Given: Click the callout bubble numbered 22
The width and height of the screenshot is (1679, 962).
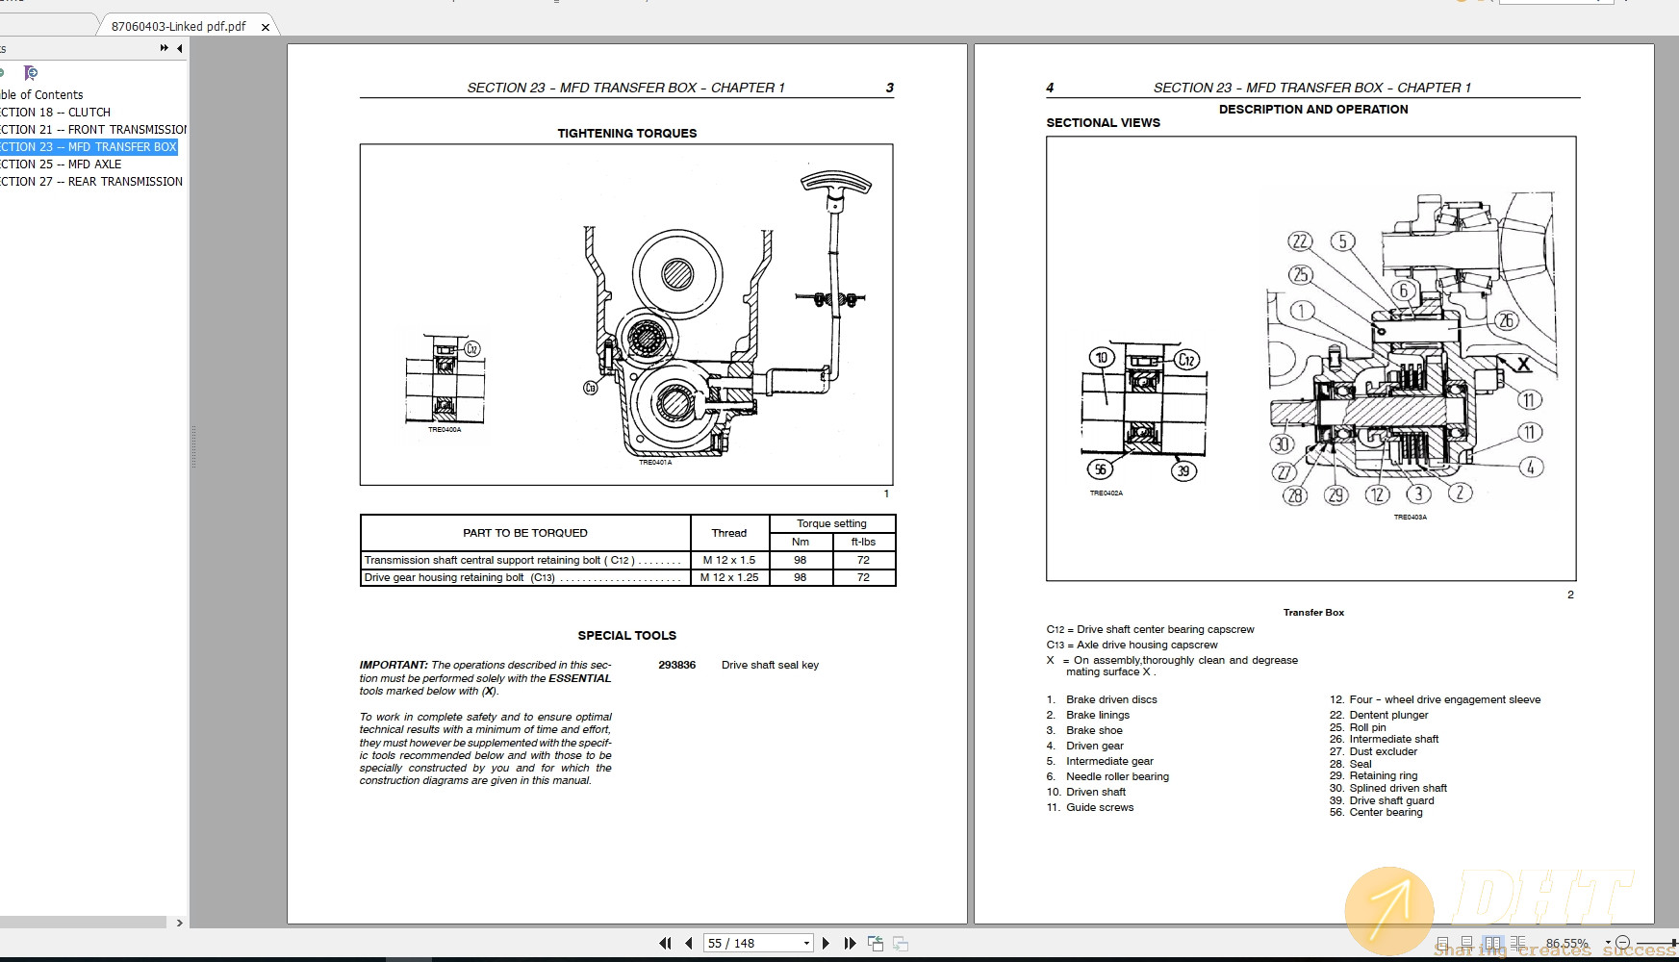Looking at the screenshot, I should pos(1300,241).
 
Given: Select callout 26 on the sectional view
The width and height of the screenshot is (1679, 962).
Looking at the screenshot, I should pos(1507,320).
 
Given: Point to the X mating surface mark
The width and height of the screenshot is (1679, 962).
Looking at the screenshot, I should pos(1523,364).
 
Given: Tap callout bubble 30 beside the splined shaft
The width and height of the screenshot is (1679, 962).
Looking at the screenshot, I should pos(1281,443).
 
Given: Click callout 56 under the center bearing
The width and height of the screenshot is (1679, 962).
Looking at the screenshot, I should pos(1100,468).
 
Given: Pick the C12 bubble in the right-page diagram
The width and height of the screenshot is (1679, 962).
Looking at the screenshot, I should pos(1186,360).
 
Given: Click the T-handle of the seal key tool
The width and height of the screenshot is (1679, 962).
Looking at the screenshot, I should pos(835,184).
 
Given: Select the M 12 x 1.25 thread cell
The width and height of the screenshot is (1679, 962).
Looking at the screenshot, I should pos(729,577).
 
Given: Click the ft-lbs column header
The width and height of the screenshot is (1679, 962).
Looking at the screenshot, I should pos(863,542).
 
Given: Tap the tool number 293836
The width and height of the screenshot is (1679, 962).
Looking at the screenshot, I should pos(676,665).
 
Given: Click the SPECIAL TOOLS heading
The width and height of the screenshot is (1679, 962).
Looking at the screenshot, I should pos(626,635).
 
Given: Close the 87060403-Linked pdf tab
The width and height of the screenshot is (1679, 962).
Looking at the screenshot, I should pos(266,27).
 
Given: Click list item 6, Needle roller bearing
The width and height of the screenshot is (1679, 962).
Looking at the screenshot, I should pos(1116,776).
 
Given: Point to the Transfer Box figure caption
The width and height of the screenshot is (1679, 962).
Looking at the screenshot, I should pos(1312,612).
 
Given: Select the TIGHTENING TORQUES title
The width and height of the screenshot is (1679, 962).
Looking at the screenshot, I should pos(626,133).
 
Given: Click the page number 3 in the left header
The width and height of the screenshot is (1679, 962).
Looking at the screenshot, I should pos(889,88).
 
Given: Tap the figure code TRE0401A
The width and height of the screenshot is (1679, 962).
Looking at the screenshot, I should pos(655,463).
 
